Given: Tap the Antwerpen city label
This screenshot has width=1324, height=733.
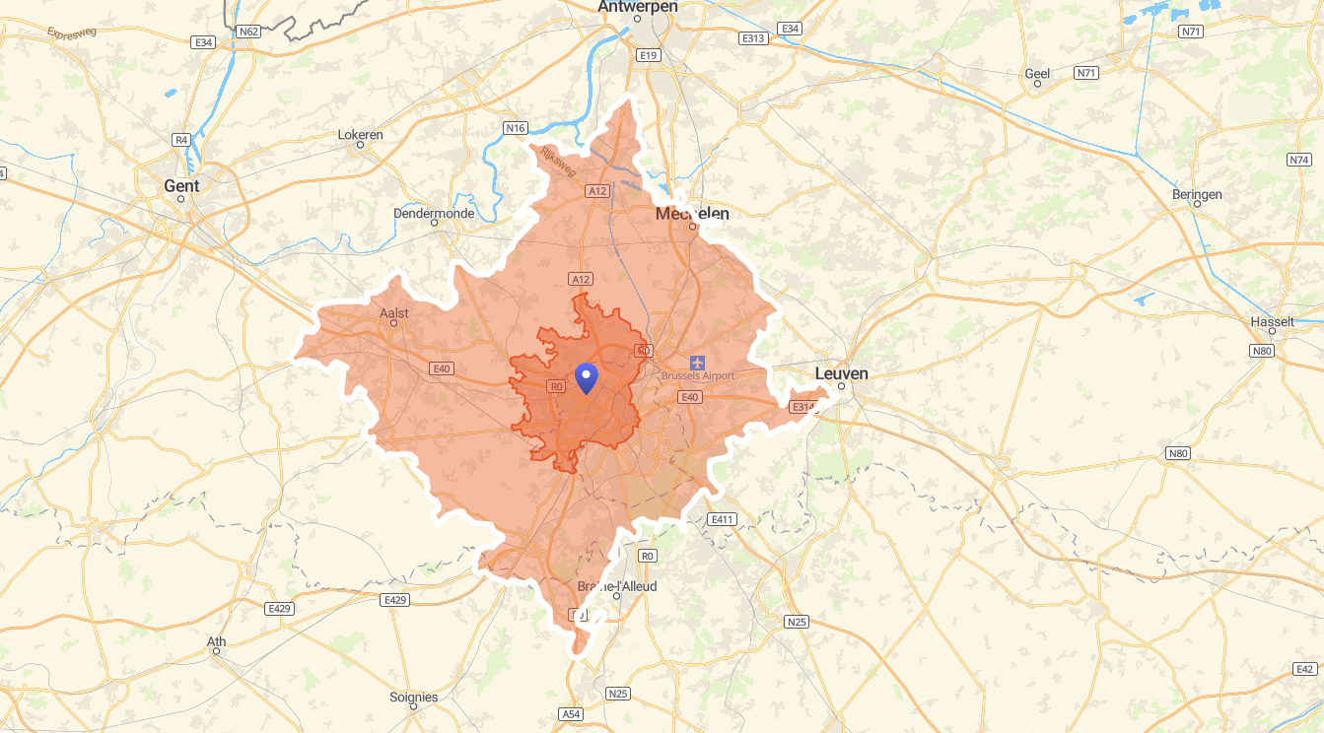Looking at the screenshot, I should click(638, 7).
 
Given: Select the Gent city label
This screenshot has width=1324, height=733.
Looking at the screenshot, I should click(181, 185).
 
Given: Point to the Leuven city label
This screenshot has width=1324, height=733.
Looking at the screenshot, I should click(841, 373).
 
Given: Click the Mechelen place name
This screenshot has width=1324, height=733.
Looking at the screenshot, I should click(692, 214).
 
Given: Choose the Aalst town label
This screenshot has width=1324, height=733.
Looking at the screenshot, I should click(393, 313).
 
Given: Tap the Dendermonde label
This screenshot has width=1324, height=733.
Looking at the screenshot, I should click(434, 213).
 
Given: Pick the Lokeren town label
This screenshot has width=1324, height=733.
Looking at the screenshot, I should click(360, 134).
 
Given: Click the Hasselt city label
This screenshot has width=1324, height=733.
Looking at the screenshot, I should click(1271, 322).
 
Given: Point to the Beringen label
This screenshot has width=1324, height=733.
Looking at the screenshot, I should click(1197, 194).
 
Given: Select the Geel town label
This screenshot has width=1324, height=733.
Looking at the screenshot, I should click(1037, 73).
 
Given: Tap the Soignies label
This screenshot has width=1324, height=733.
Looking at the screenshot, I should click(413, 698).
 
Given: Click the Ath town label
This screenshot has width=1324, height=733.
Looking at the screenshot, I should click(216, 641).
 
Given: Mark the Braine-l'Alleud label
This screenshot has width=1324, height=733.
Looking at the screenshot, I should click(616, 586).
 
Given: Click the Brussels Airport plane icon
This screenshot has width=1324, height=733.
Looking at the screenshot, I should click(697, 363).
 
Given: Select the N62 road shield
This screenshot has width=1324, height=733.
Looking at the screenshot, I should click(248, 32).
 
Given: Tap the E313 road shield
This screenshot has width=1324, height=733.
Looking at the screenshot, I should click(753, 37).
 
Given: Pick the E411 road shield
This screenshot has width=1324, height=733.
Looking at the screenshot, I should click(722, 519).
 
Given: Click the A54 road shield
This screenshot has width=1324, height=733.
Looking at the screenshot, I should click(570, 713).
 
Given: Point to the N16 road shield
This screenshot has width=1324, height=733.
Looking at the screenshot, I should click(515, 128).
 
